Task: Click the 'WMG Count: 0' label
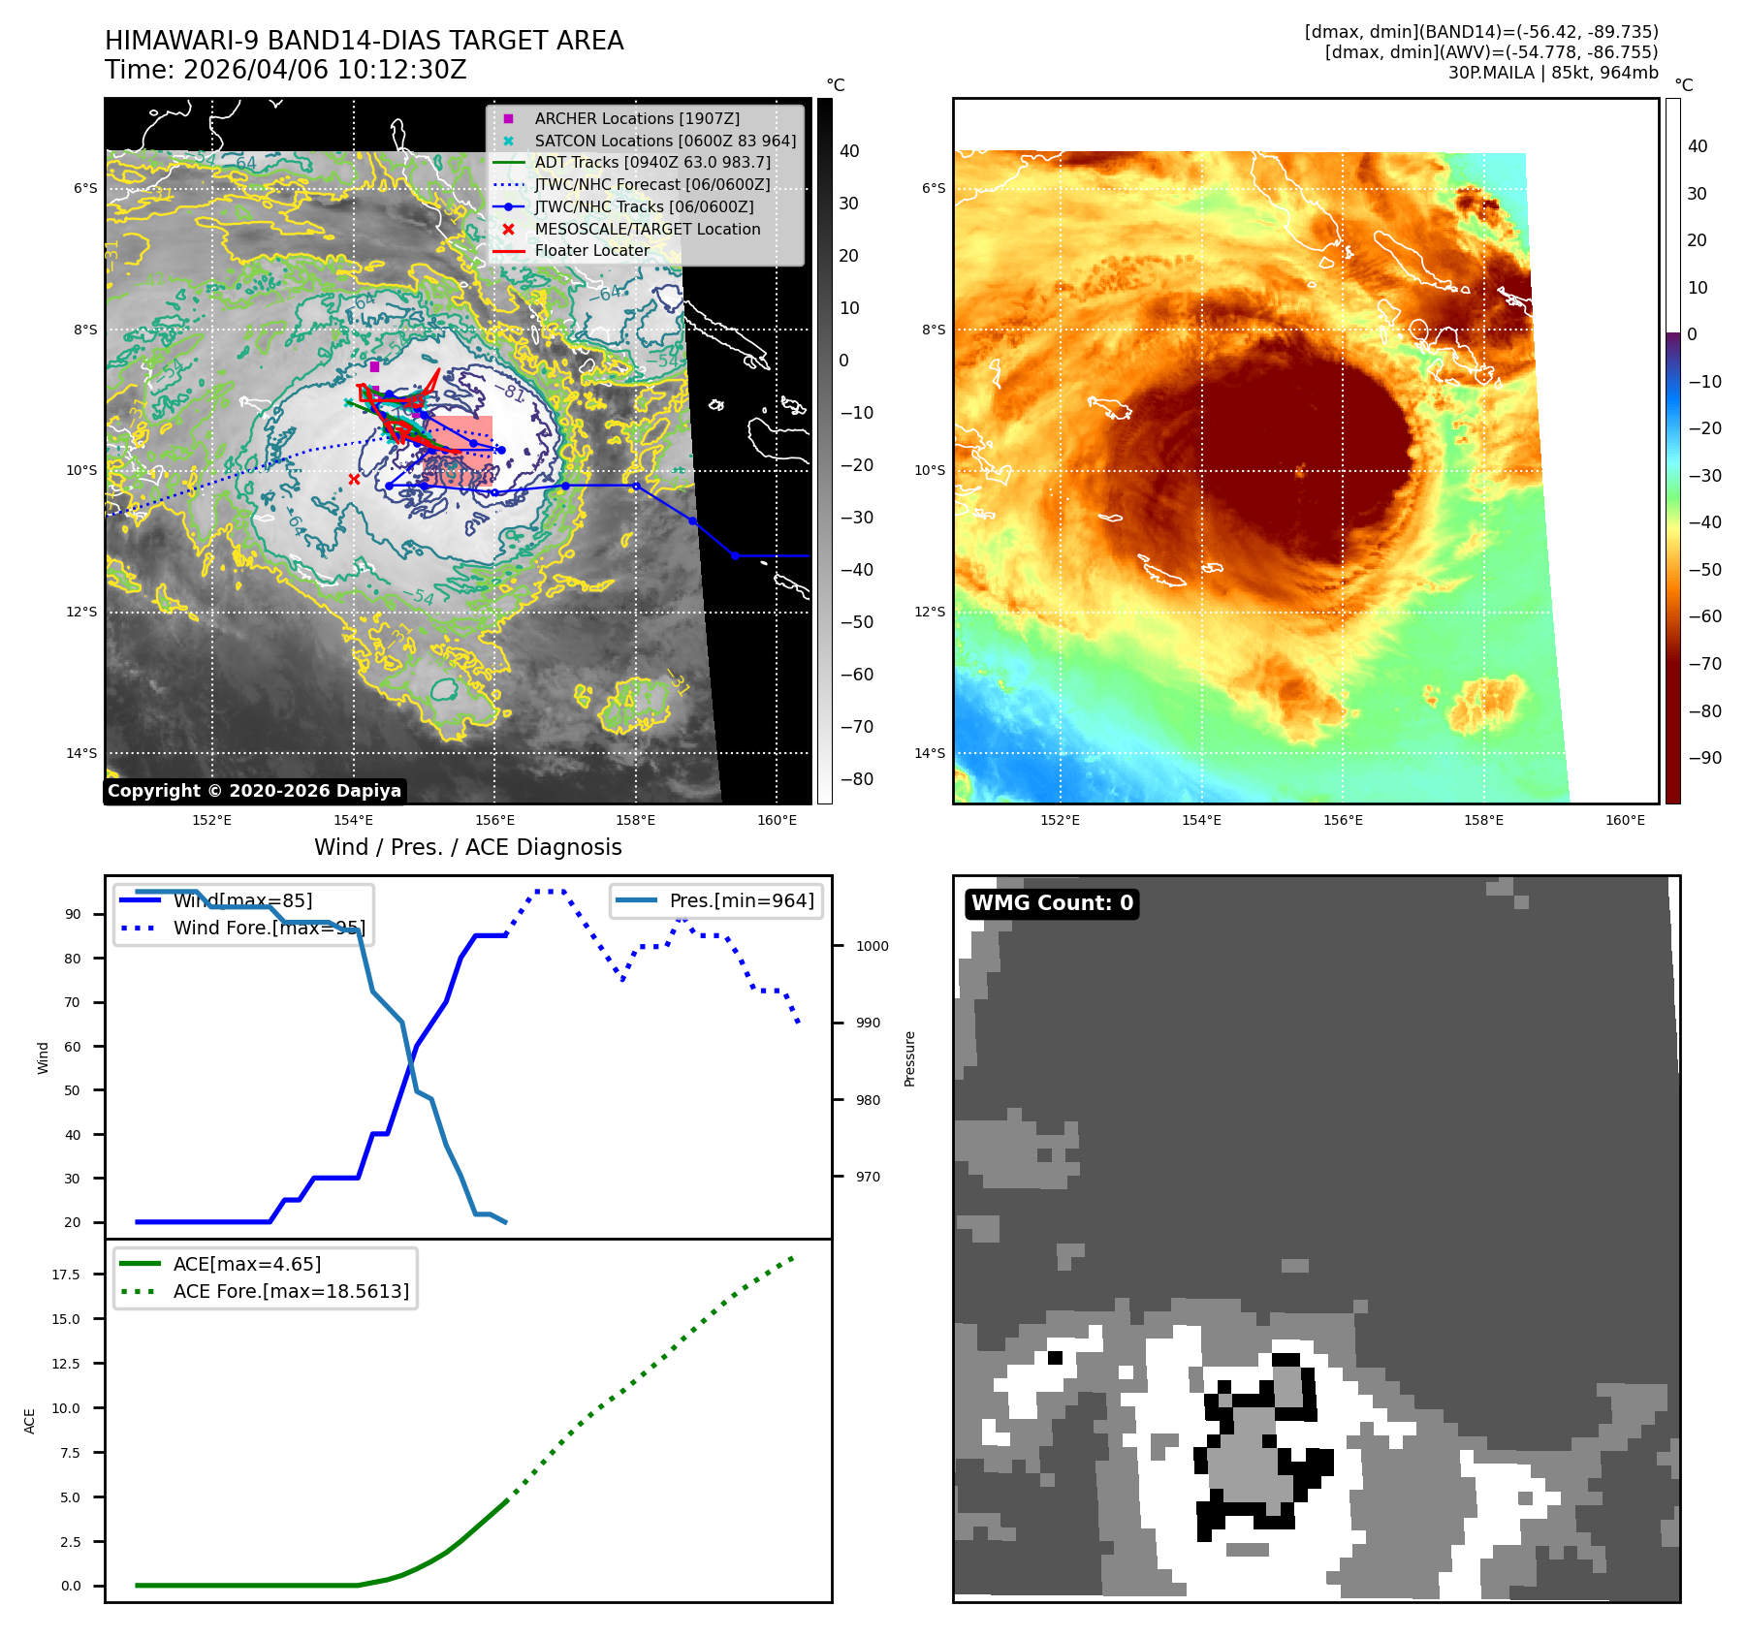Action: coord(1052,903)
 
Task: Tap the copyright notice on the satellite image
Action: coord(254,791)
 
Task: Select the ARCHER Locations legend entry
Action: coord(636,118)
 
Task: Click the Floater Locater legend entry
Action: coord(591,250)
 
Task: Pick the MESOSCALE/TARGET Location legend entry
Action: coord(647,229)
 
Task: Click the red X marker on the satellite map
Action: coord(354,479)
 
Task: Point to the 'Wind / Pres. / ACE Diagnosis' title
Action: coord(467,847)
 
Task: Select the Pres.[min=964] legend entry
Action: coord(741,900)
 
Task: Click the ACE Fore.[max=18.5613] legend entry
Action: coord(290,1291)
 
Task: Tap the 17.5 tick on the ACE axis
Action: coord(66,1275)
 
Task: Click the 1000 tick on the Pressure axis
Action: coord(872,946)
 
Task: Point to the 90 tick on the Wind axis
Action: coord(73,914)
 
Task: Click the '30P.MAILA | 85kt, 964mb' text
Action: coord(1552,73)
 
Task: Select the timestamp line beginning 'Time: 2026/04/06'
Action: coord(286,70)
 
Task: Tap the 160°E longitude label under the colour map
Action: coord(1624,820)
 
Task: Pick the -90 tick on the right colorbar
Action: coord(1704,758)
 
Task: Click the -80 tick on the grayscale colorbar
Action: coord(855,779)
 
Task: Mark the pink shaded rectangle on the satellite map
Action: coord(459,452)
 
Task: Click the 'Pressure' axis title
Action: coord(909,1058)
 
